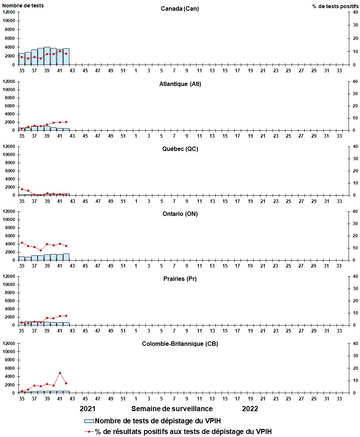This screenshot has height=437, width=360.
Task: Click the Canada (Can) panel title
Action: (180, 8)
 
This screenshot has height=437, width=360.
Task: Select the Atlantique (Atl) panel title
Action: (180, 84)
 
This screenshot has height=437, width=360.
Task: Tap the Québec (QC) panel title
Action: (180, 149)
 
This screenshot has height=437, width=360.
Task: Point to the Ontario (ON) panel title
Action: (180, 214)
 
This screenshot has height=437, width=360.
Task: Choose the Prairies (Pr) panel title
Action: (180, 279)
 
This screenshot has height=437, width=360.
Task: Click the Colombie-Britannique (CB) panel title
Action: (180, 344)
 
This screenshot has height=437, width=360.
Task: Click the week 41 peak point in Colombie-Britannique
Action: (60, 373)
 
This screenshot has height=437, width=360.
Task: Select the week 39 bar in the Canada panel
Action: (47, 56)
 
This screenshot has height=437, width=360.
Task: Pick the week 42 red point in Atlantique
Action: (66, 122)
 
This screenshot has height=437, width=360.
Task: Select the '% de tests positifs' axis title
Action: (335, 6)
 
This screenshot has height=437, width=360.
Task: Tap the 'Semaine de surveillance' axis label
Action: (172, 409)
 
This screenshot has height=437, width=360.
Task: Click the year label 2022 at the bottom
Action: (250, 409)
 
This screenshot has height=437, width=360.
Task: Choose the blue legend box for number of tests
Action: (89, 421)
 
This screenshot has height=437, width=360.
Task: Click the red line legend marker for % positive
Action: (89, 431)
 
